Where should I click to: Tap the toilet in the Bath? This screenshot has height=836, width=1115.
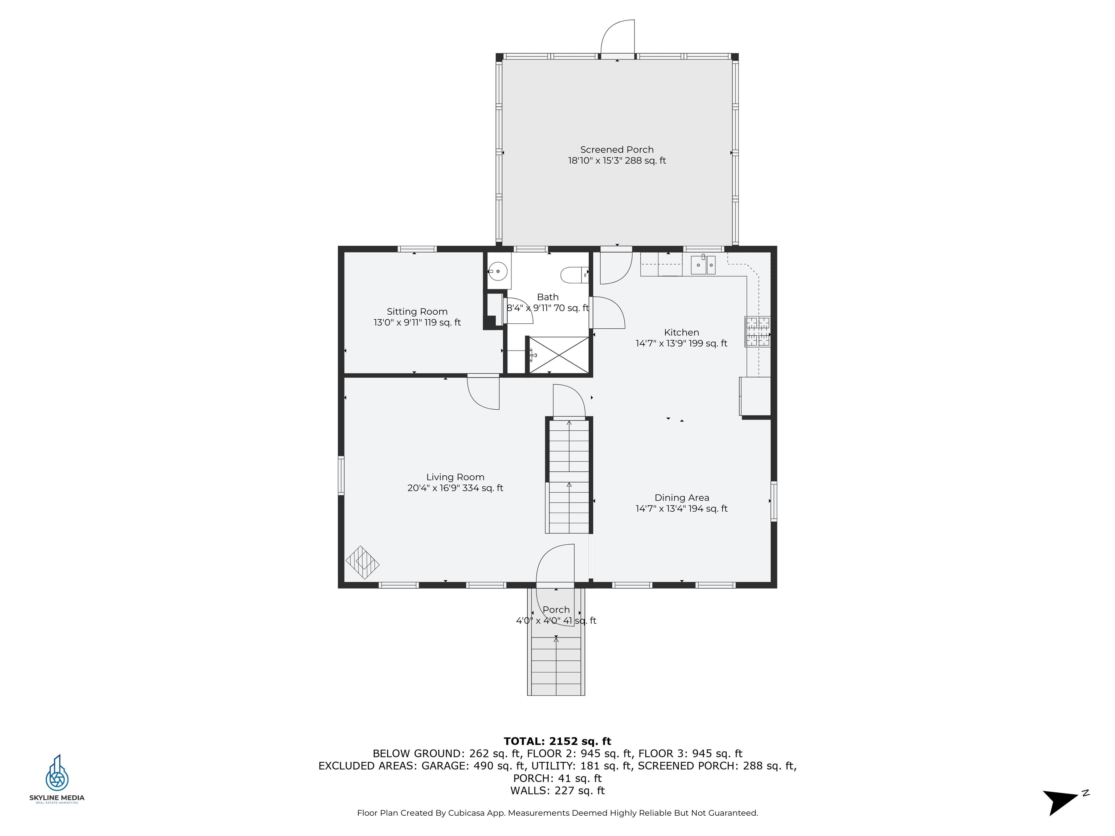point(573,275)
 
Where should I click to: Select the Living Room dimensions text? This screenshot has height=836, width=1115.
point(455,488)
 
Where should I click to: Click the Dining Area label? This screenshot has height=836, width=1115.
point(682,497)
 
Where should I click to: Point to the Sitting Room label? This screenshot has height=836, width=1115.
point(417,311)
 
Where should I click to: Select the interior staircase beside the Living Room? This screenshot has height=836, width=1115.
point(569,476)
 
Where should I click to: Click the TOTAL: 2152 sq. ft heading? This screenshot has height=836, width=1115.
point(557,741)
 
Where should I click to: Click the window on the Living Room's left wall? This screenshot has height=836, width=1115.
point(341,475)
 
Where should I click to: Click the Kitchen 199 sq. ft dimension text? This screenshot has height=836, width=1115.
point(682,344)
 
